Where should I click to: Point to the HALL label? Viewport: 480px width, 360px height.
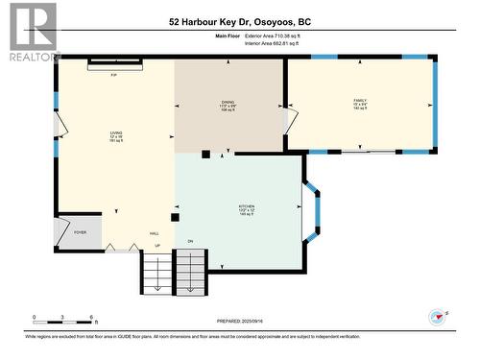(x=154, y=233)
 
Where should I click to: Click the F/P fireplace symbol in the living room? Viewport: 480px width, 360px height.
(x=114, y=64)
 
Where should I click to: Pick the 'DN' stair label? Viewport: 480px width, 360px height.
(x=190, y=241)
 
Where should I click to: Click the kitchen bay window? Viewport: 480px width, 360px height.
(x=312, y=211)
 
